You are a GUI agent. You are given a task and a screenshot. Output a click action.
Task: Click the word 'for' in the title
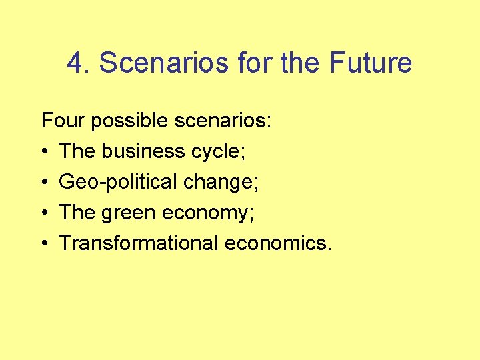click(x=254, y=63)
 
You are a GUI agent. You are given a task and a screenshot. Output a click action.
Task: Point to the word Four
click(x=63, y=121)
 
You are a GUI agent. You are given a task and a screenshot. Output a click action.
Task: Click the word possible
click(x=129, y=121)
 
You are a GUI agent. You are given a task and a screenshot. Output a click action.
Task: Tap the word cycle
click(x=216, y=152)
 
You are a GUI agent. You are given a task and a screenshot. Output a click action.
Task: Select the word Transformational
click(x=139, y=243)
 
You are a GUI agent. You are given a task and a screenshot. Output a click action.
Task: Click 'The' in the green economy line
click(x=77, y=213)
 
